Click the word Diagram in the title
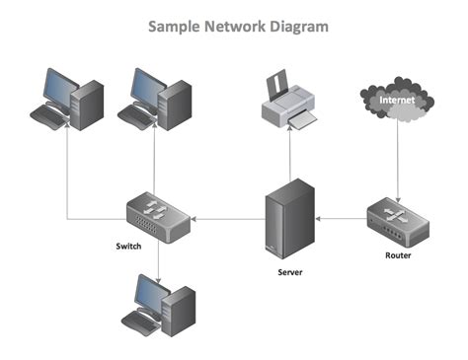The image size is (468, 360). click(295, 27)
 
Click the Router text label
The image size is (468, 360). click(398, 256)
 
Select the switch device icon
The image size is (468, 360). click(158, 214)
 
